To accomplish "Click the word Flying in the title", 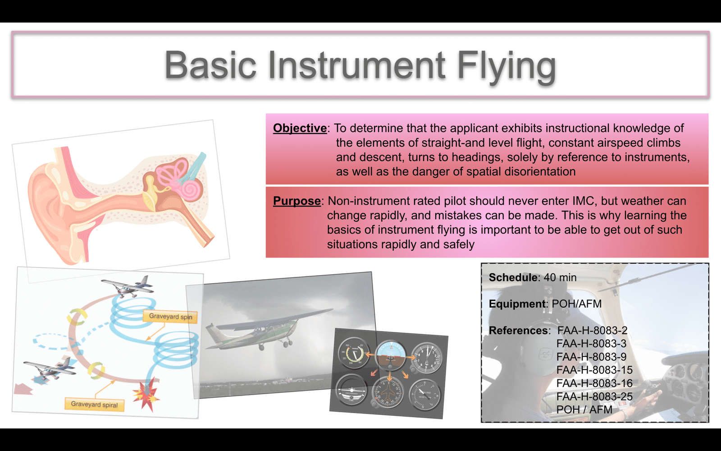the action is point(507,66).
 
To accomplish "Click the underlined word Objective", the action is point(300,128).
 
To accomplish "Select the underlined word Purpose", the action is point(297,201).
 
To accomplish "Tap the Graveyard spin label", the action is point(170,316).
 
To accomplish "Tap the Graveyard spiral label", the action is point(94,404).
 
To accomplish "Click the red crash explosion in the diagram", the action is point(146,394).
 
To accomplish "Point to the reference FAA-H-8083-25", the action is point(594,396).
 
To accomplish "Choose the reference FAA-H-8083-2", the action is point(592,330).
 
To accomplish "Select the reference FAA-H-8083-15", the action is point(594,370).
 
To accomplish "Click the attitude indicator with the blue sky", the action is point(391,356).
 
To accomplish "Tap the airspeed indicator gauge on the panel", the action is point(353,353).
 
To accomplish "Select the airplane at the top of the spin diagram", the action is point(127,286).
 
